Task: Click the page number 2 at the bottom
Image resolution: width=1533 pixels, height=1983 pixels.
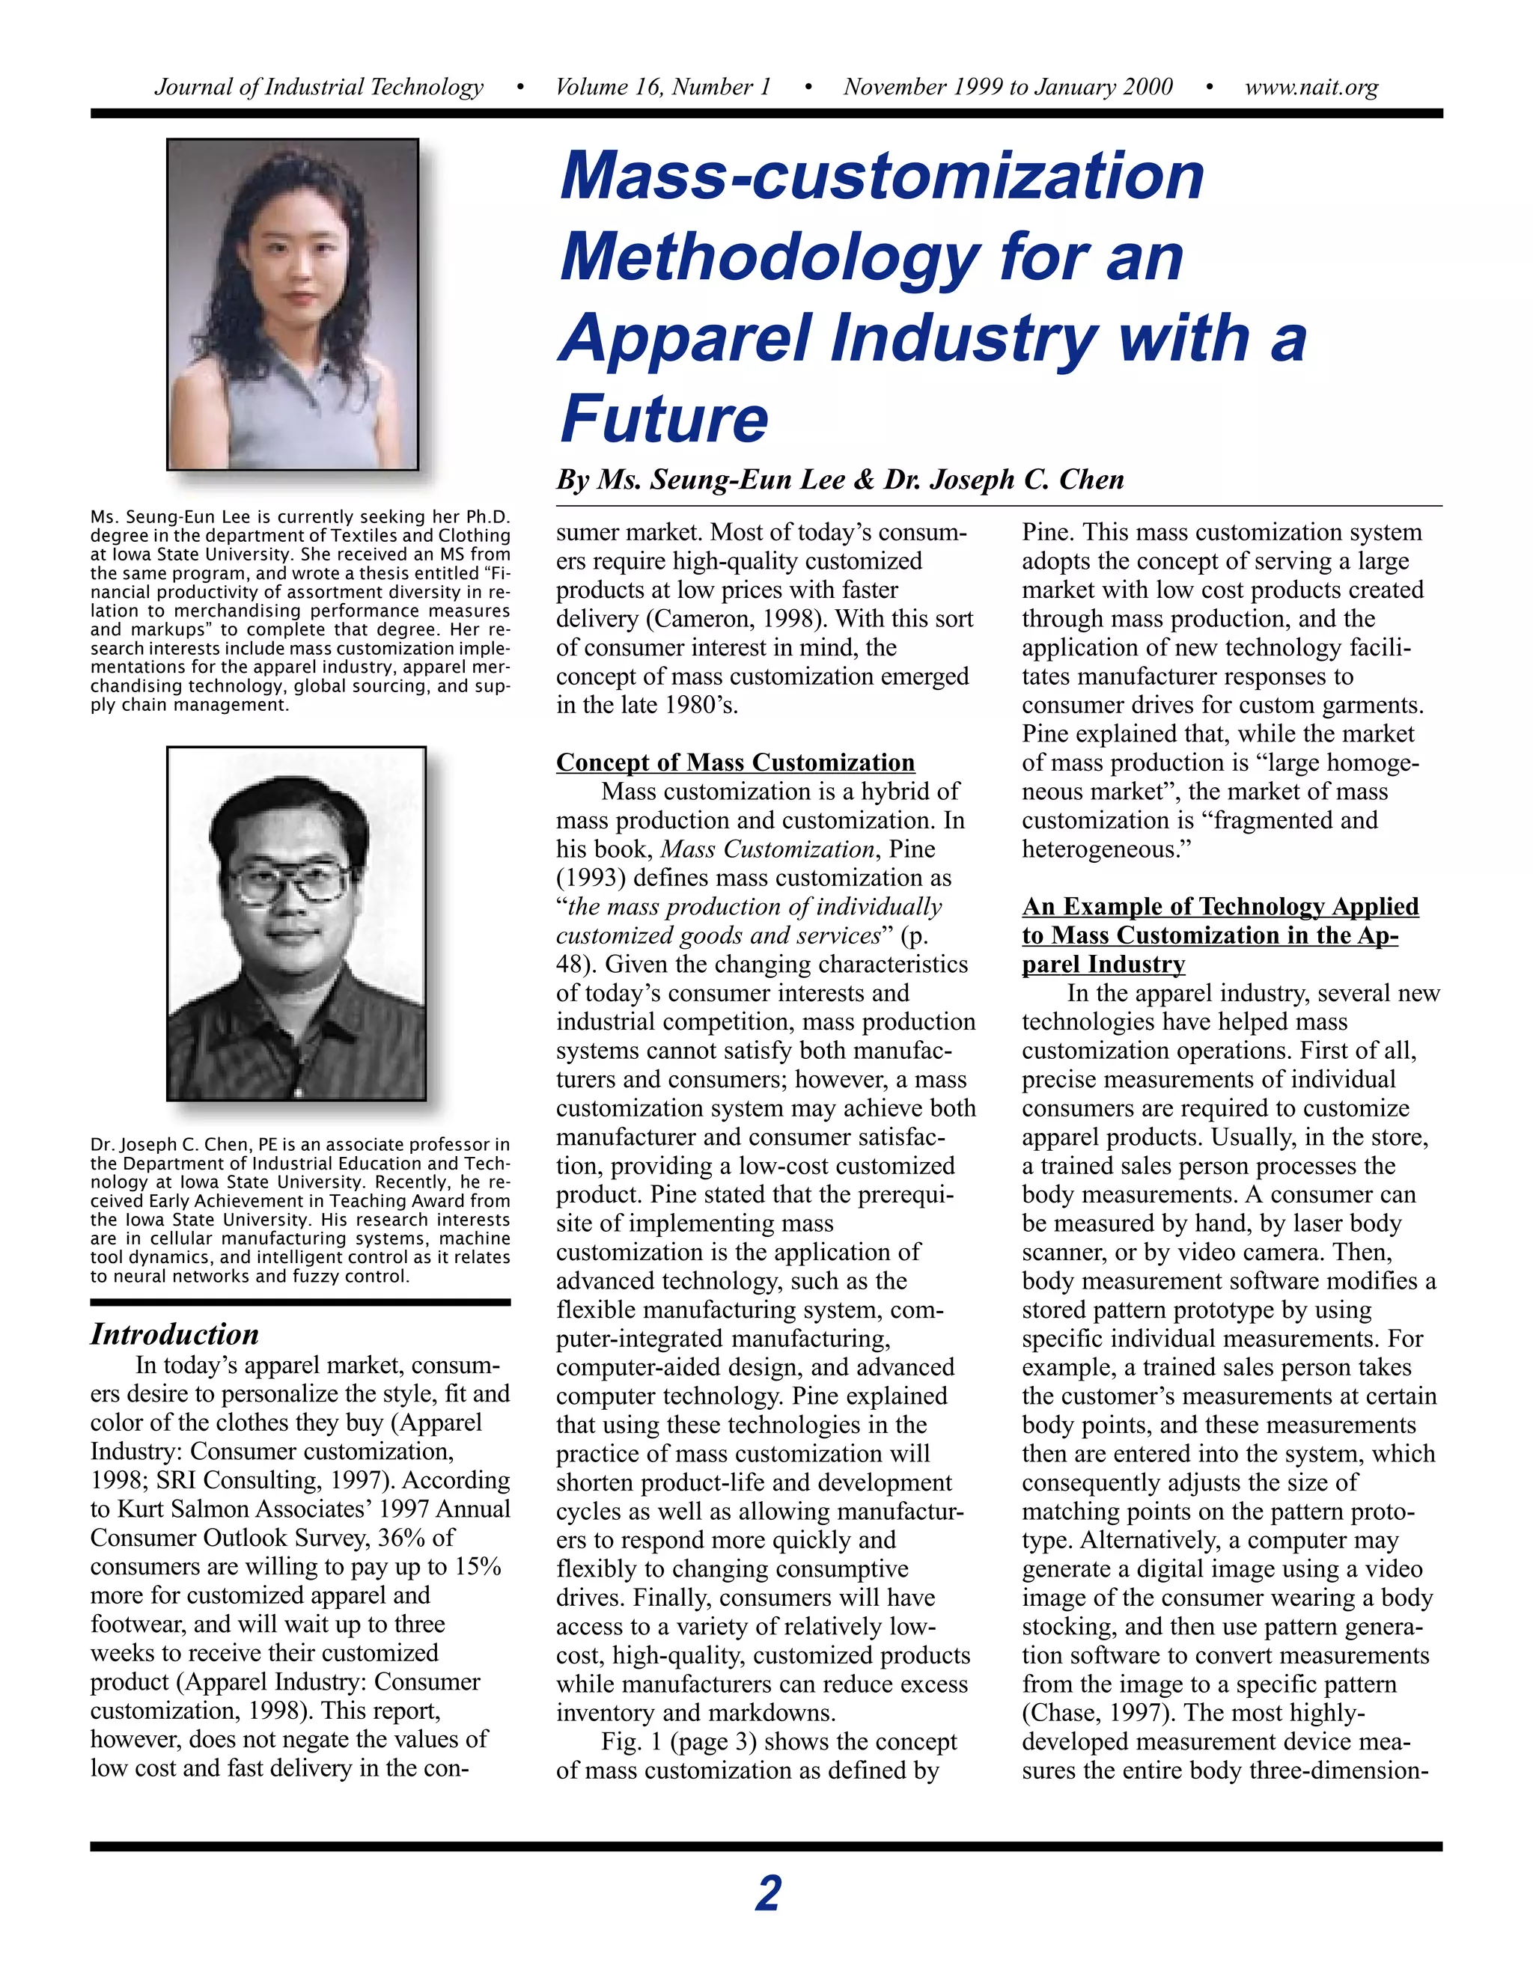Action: tap(767, 1894)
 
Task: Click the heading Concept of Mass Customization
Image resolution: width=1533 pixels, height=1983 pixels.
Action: tap(735, 762)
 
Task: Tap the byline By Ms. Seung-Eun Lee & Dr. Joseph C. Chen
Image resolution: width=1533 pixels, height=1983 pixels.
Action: tap(840, 480)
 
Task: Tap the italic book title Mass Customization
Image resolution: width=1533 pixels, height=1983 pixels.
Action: tap(766, 849)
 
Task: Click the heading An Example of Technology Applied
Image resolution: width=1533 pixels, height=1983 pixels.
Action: tap(1219, 906)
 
